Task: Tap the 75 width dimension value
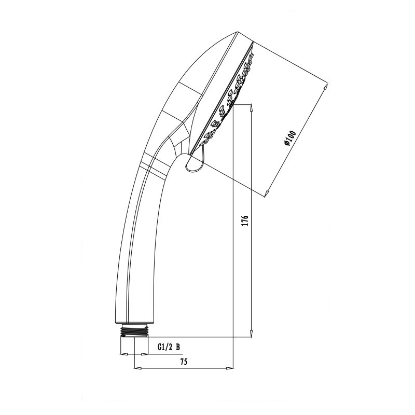(x=184, y=362)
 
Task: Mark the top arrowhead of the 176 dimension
(x=252, y=107)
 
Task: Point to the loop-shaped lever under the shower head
(x=194, y=163)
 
